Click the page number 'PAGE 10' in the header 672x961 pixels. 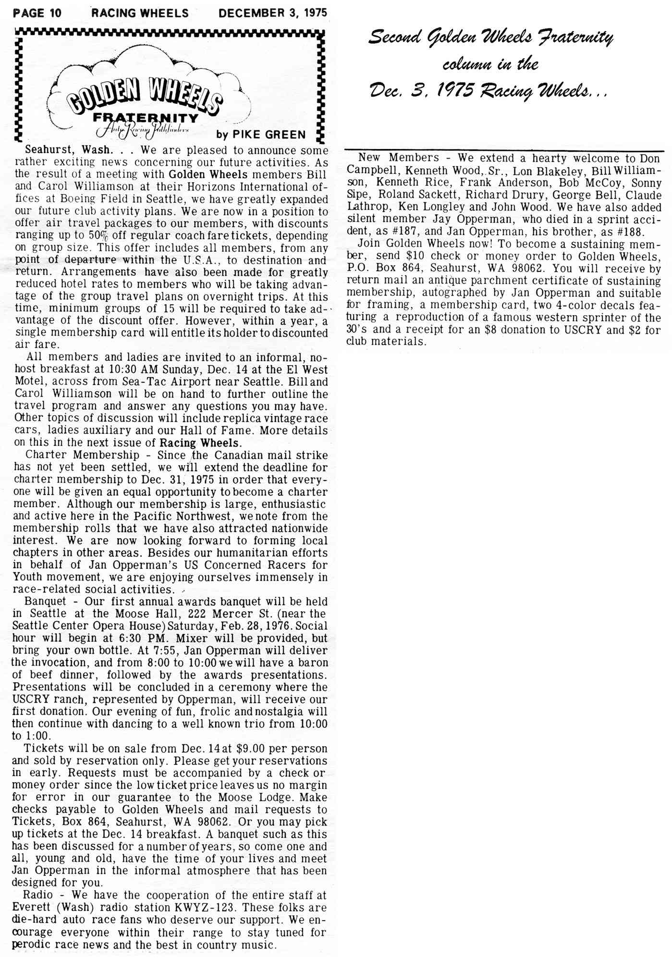pos(37,12)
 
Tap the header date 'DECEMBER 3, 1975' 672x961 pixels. pos(272,12)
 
